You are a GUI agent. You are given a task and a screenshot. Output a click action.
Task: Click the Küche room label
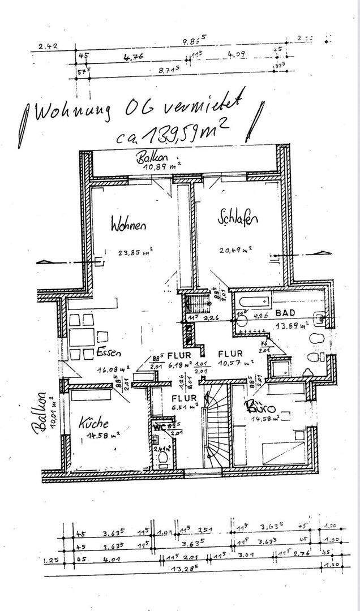[93, 423]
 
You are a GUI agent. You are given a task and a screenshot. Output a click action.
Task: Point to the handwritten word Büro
[261, 408]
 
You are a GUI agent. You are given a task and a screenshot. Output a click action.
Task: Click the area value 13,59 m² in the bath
[291, 326]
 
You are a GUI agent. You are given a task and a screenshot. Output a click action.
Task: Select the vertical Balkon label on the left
[41, 412]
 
